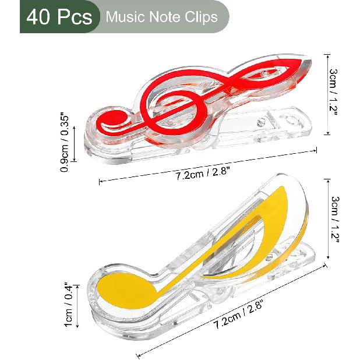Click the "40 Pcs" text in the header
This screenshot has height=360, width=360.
pos(57,17)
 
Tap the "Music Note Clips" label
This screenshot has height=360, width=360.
pos(161,17)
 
